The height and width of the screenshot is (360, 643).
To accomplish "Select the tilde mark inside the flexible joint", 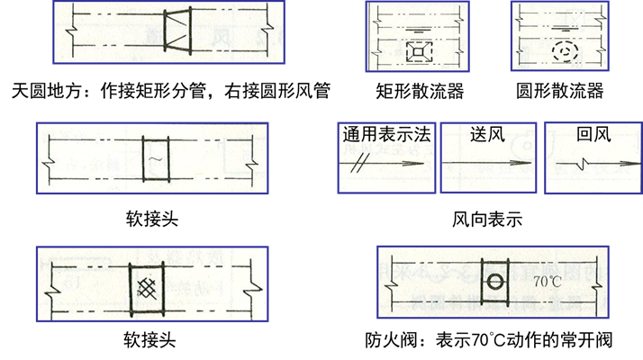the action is click(x=156, y=158).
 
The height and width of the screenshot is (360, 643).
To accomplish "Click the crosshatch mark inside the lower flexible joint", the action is click(x=147, y=288).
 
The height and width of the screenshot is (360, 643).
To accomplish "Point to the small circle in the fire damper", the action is click(x=495, y=282).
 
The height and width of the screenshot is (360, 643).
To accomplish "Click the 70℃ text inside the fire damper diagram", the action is click(x=548, y=282).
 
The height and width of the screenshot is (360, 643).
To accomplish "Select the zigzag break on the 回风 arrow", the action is click(x=583, y=164).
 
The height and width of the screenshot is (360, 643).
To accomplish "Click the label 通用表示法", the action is click(x=386, y=134).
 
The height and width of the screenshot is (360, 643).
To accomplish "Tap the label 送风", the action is click(x=487, y=134).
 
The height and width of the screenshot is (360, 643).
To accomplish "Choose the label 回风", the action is click(x=593, y=134).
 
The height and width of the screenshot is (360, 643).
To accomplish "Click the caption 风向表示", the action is click(x=487, y=220).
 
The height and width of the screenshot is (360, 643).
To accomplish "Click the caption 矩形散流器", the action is click(x=420, y=91).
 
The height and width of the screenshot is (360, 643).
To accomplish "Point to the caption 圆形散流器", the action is click(x=560, y=91).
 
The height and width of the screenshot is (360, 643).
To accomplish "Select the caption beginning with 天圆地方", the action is click(x=171, y=91).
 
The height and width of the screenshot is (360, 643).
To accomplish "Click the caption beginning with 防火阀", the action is click(x=489, y=340).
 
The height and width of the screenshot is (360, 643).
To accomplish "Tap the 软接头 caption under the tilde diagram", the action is click(x=152, y=219).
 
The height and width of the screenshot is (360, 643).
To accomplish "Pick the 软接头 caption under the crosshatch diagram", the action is click(x=149, y=340).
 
